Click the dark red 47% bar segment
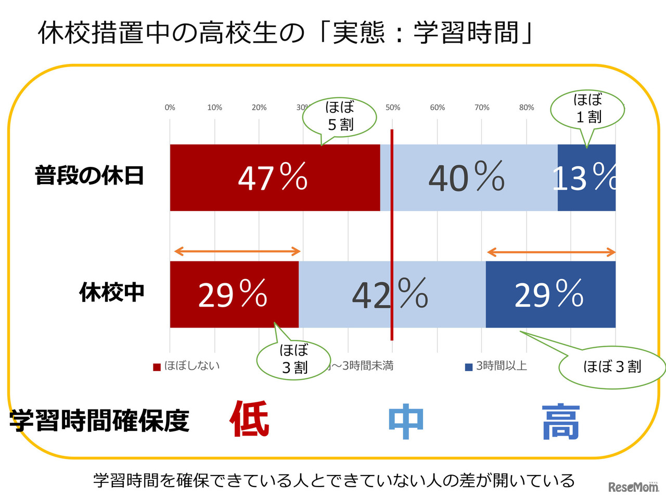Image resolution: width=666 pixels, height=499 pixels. [275, 178]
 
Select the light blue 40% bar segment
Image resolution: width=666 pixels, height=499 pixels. [468, 178]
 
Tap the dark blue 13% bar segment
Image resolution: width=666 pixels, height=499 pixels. [586, 178]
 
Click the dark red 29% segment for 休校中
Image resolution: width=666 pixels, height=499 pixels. [234, 294]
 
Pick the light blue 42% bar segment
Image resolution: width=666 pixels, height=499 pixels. [392, 294]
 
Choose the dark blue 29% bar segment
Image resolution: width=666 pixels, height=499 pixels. [550, 294]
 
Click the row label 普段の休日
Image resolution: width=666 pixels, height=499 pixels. [89, 176]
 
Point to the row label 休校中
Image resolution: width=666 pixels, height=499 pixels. [111, 292]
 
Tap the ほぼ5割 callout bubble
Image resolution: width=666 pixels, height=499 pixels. [340, 116]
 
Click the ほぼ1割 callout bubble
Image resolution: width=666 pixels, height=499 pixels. [587, 109]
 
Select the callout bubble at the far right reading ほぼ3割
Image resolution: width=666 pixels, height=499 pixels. [612, 367]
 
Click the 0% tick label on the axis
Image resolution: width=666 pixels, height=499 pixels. [170, 108]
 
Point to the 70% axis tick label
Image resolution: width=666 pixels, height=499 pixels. [482, 108]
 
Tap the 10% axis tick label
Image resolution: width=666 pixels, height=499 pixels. [214, 108]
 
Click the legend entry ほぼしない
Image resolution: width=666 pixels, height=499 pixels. [187, 366]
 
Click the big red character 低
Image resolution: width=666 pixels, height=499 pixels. [249, 419]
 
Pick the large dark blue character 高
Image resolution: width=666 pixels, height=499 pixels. [560, 423]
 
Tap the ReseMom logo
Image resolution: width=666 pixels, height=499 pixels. [633, 487]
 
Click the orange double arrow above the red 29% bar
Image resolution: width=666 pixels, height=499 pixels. [237, 252]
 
